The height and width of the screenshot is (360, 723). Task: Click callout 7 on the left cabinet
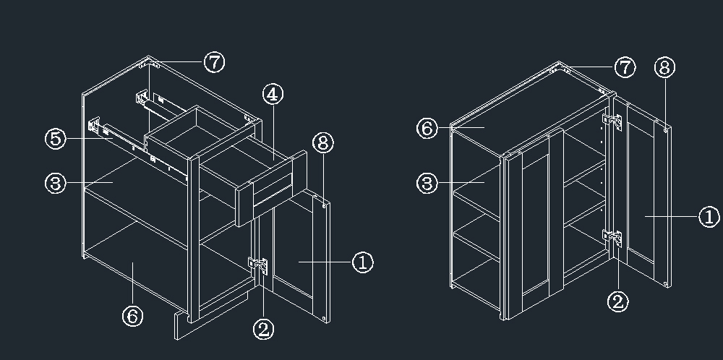tap(215, 61)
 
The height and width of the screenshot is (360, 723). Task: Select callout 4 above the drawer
tap(273, 94)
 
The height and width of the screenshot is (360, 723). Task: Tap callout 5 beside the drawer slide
tap(56, 138)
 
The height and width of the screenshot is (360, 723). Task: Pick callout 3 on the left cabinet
tap(56, 184)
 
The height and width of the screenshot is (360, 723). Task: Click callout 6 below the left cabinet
tap(133, 316)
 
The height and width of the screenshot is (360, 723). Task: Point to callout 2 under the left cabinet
tap(264, 330)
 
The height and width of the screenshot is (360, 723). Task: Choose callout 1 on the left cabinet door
tap(363, 262)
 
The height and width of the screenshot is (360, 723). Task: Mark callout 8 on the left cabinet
tap(323, 143)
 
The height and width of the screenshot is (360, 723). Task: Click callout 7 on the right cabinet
tap(625, 67)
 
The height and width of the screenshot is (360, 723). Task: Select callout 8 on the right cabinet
tap(665, 67)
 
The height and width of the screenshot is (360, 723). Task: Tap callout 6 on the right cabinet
tap(427, 128)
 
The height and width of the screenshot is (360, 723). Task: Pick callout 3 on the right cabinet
tap(427, 184)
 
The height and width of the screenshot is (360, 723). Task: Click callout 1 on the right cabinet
tap(710, 217)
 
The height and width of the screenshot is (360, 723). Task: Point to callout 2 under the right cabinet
tap(618, 301)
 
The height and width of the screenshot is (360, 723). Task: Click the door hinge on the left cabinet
tap(258, 265)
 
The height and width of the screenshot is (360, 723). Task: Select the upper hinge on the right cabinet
tap(612, 121)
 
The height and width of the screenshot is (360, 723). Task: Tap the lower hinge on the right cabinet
tap(612, 239)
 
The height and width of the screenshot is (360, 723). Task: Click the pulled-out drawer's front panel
tap(272, 188)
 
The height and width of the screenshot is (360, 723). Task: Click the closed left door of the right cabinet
tap(535, 223)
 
